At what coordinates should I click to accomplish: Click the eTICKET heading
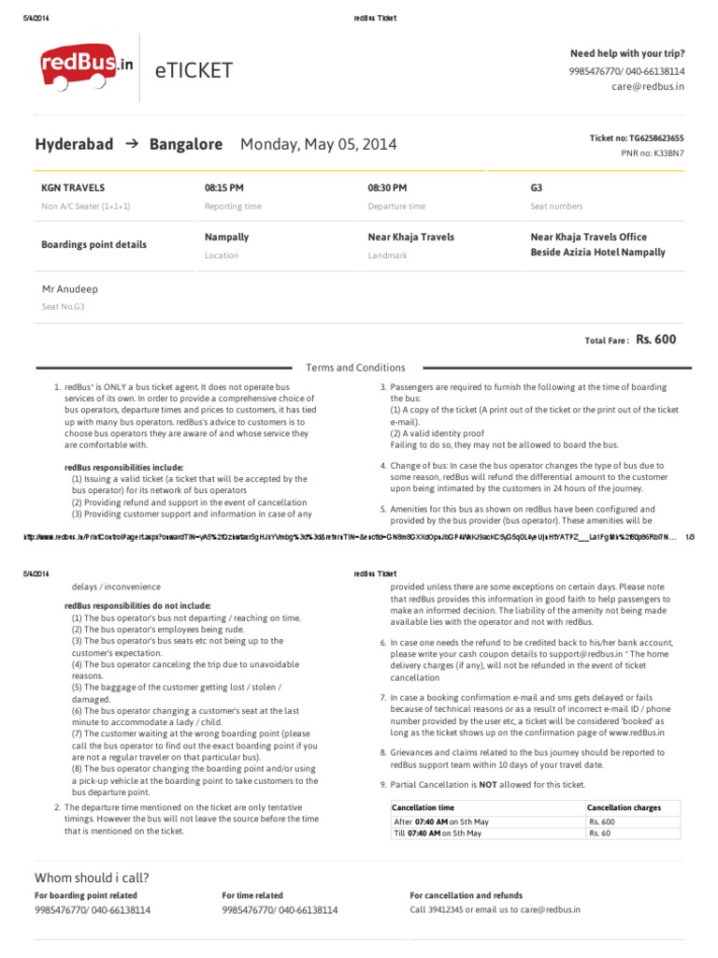pos(195,71)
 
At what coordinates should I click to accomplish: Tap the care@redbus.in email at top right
pos(648,86)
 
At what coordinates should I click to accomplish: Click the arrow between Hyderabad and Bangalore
pos(131,144)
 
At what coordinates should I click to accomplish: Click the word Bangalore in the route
pos(185,144)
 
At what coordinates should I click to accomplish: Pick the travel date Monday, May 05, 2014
pos(318,144)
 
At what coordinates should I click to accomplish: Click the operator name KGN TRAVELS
pos(73,188)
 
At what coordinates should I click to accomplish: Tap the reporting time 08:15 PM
pos(223,188)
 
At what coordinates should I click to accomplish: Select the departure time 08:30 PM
pos(387,188)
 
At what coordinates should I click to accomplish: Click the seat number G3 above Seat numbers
pos(537,188)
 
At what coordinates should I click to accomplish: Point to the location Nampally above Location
pos(226,238)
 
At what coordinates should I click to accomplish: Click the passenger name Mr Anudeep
pos(70,289)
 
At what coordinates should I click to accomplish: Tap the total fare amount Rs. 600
pos(655,341)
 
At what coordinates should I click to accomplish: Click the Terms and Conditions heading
pos(355,368)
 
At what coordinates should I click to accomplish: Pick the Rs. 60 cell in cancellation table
pos(599,833)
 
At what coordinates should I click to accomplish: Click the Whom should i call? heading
pos(92,878)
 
